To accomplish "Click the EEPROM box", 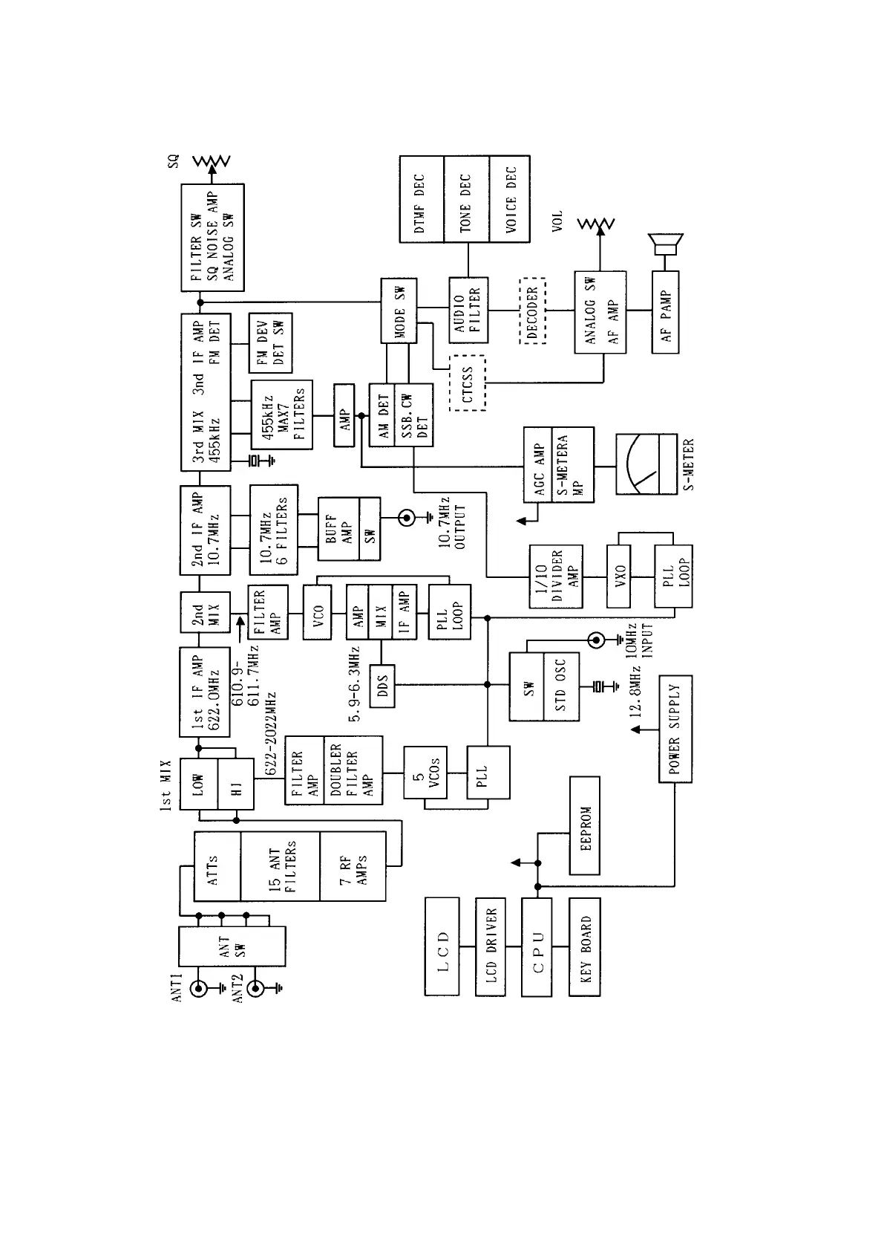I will tap(585, 825).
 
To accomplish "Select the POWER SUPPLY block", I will tap(675, 729).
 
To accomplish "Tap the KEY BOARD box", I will tap(585, 946).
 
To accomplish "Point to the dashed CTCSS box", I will tap(467, 383).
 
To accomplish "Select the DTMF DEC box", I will tap(421, 198).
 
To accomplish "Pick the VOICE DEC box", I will tap(510, 198).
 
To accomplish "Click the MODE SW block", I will tap(399, 311).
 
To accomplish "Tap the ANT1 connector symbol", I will tap(199, 989).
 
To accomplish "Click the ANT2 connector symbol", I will tap(256, 989).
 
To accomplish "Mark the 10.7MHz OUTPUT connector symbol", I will tap(407, 518).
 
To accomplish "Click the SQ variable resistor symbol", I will tap(212, 161).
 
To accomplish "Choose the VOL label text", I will tap(557, 221).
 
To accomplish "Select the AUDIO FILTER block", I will tap(468, 311).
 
